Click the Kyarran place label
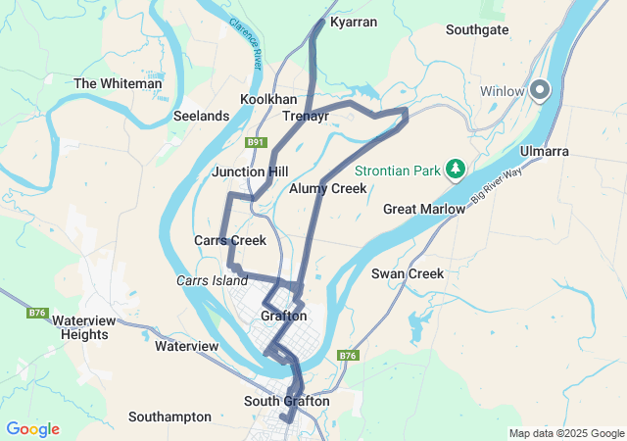(x=354, y=21)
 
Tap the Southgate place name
(x=476, y=29)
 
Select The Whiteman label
(x=118, y=83)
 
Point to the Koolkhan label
(x=268, y=100)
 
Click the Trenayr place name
(x=305, y=116)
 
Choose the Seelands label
(x=201, y=116)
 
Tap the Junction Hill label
(x=250, y=171)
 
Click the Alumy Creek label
(x=328, y=188)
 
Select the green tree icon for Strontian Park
(x=455, y=170)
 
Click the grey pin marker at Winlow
(x=541, y=91)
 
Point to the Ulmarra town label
(x=571, y=153)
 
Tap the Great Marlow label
(x=416, y=209)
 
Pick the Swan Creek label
(x=408, y=273)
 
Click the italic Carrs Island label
(x=212, y=280)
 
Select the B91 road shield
(x=257, y=142)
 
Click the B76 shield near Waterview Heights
(x=37, y=313)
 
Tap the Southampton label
(x=169, y=416)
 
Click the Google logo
(x=32, y=429)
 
